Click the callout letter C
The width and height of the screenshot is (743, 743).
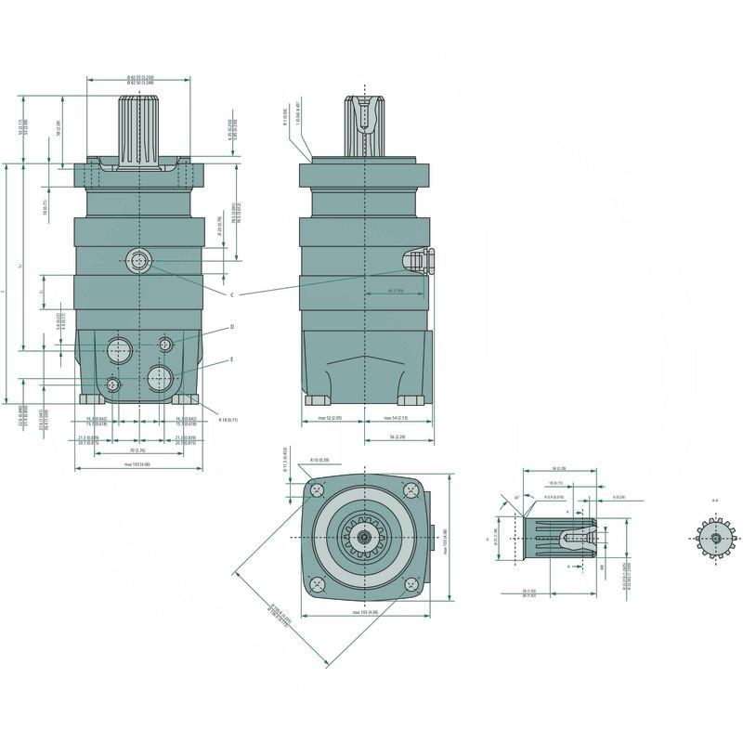point(231,293)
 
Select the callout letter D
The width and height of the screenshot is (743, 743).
point(231,328)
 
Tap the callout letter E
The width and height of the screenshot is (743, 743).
point(231,358)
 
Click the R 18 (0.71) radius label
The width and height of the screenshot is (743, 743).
point(227,420)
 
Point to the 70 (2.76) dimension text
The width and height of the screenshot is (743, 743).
point(137,450)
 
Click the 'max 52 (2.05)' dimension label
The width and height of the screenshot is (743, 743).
point(331,419)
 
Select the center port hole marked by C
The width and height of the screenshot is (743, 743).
point(138,261)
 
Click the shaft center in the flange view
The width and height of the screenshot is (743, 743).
point(368,537)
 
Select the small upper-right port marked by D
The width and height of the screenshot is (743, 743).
point(165,345)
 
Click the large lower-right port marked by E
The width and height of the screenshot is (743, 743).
point(160,377)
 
